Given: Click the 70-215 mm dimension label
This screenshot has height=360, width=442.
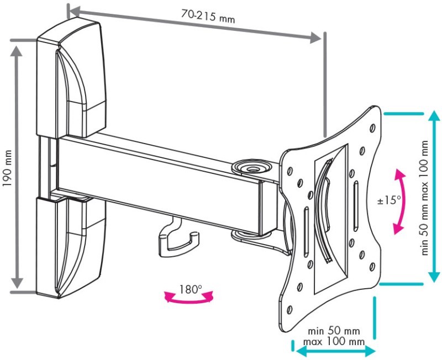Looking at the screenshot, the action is pos(208,16).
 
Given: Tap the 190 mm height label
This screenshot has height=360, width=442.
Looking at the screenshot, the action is pos(7,168).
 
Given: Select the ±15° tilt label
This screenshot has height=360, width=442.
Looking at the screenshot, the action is pos(390,200).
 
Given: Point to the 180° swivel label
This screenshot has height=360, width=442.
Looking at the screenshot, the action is pos(191,289).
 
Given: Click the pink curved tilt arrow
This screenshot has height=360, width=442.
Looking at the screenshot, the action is pos(402,202).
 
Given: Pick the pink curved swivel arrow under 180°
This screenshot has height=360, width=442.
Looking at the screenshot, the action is pos(189,300).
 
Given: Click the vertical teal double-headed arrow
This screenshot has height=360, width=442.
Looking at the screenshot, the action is pos(434,196).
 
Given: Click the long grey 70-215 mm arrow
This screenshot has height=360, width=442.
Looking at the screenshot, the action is pos(195,25).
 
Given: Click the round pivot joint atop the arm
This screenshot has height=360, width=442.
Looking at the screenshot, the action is pos(252,167).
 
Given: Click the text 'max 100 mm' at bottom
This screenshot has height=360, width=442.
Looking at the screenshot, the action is pos(334,341).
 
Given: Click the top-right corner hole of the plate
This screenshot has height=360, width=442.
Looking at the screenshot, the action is pos(372,128).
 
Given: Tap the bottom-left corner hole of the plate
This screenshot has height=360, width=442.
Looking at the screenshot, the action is pos(289,310).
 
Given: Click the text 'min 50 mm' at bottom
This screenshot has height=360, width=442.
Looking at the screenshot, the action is pos(334,330).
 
